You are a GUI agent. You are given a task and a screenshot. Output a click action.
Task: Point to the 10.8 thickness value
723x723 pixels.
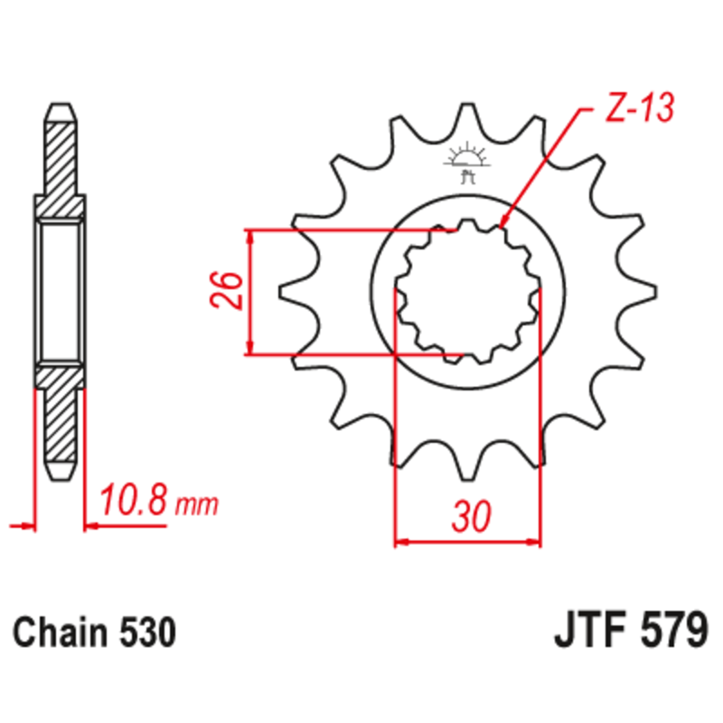[134, 500]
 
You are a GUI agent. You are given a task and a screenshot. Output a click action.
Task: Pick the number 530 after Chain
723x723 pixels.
[143, 632]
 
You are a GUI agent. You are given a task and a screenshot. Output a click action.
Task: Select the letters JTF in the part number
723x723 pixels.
[588, 629]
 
